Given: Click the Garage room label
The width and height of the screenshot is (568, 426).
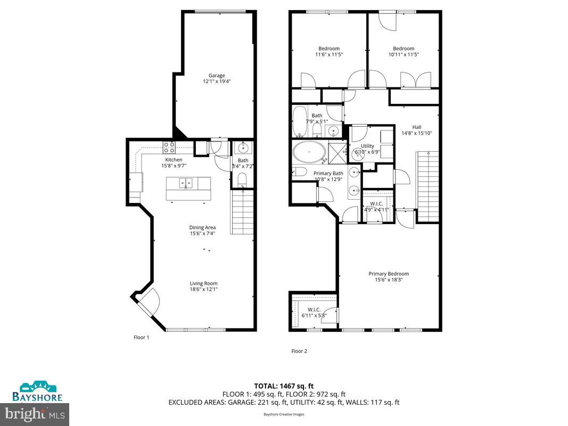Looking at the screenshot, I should point(216,76).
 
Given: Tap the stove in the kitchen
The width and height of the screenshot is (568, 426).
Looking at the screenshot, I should point(169,146).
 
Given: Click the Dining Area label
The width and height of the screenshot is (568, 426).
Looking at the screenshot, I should point(202,228).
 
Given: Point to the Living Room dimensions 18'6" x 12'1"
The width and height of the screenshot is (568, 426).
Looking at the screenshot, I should point(204,289).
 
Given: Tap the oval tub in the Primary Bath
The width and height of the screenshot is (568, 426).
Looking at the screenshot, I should point(309,153).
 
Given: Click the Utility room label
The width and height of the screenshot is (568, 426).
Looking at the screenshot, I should point(367,146).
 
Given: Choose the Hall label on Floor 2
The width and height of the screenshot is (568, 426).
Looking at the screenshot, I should point(416,127).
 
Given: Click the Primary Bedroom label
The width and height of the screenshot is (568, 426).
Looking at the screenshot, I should point(389,274).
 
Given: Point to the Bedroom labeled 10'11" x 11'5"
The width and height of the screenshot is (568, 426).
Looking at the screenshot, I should point(404,51).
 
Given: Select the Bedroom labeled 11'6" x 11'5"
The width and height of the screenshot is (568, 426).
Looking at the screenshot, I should point(328,51).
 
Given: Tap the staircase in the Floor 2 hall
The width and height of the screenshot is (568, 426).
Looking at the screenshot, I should point(427,186).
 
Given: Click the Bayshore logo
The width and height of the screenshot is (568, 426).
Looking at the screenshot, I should point(42,391).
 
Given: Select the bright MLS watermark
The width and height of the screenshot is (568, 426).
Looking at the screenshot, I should point(35,413).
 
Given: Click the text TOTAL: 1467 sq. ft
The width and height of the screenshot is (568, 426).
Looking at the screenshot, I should point(284,386).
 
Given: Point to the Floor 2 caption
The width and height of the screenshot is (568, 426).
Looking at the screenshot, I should point(299,351).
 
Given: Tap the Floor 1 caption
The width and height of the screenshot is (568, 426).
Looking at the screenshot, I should point(141,337).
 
